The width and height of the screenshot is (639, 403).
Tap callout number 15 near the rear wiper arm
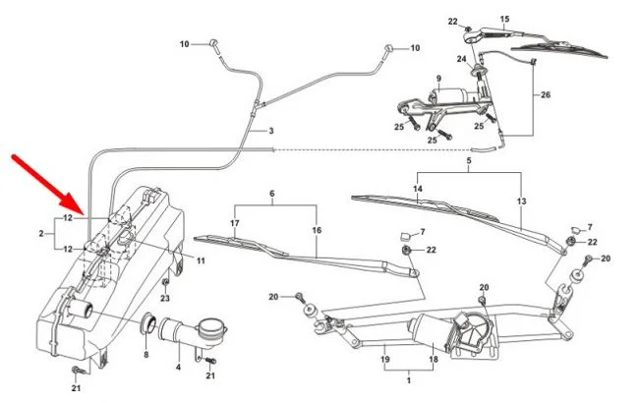505,20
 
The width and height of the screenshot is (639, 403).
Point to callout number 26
546,95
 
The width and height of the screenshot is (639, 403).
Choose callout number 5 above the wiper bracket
469,160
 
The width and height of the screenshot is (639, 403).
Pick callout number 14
418,189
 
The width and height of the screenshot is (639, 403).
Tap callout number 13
521,201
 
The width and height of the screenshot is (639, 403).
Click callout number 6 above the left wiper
272,194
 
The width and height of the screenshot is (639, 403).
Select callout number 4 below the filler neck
178,368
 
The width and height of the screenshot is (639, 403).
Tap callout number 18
432,361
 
